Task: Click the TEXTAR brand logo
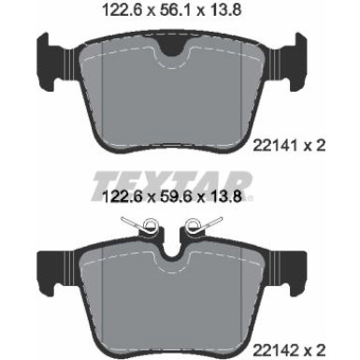pos(180,179)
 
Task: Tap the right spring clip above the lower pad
pos(199,224)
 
